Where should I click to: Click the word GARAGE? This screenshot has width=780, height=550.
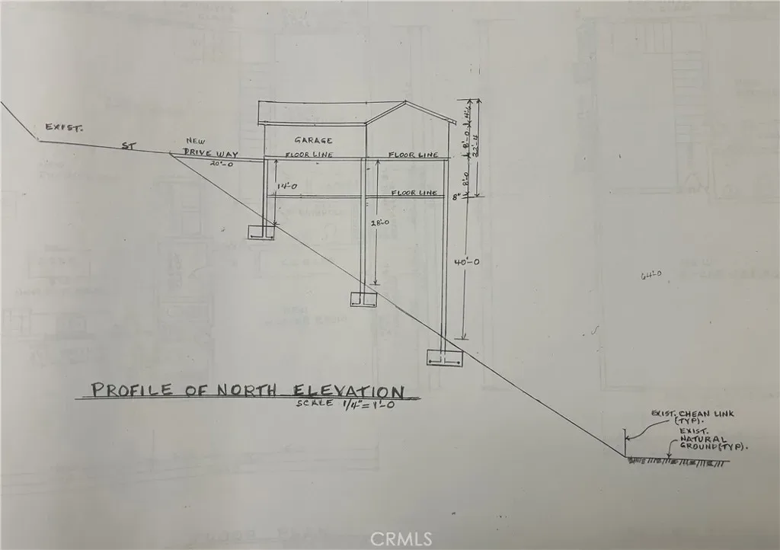(313, 141)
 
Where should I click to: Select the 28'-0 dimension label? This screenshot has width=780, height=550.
(379, 223)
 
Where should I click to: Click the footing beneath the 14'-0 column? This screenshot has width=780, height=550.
(263, 232)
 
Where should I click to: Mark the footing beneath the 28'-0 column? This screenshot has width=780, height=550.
(363, 299)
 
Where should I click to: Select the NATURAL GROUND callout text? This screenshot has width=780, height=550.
(711, 444)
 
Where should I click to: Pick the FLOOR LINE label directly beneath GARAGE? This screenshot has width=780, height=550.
(308, 155)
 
